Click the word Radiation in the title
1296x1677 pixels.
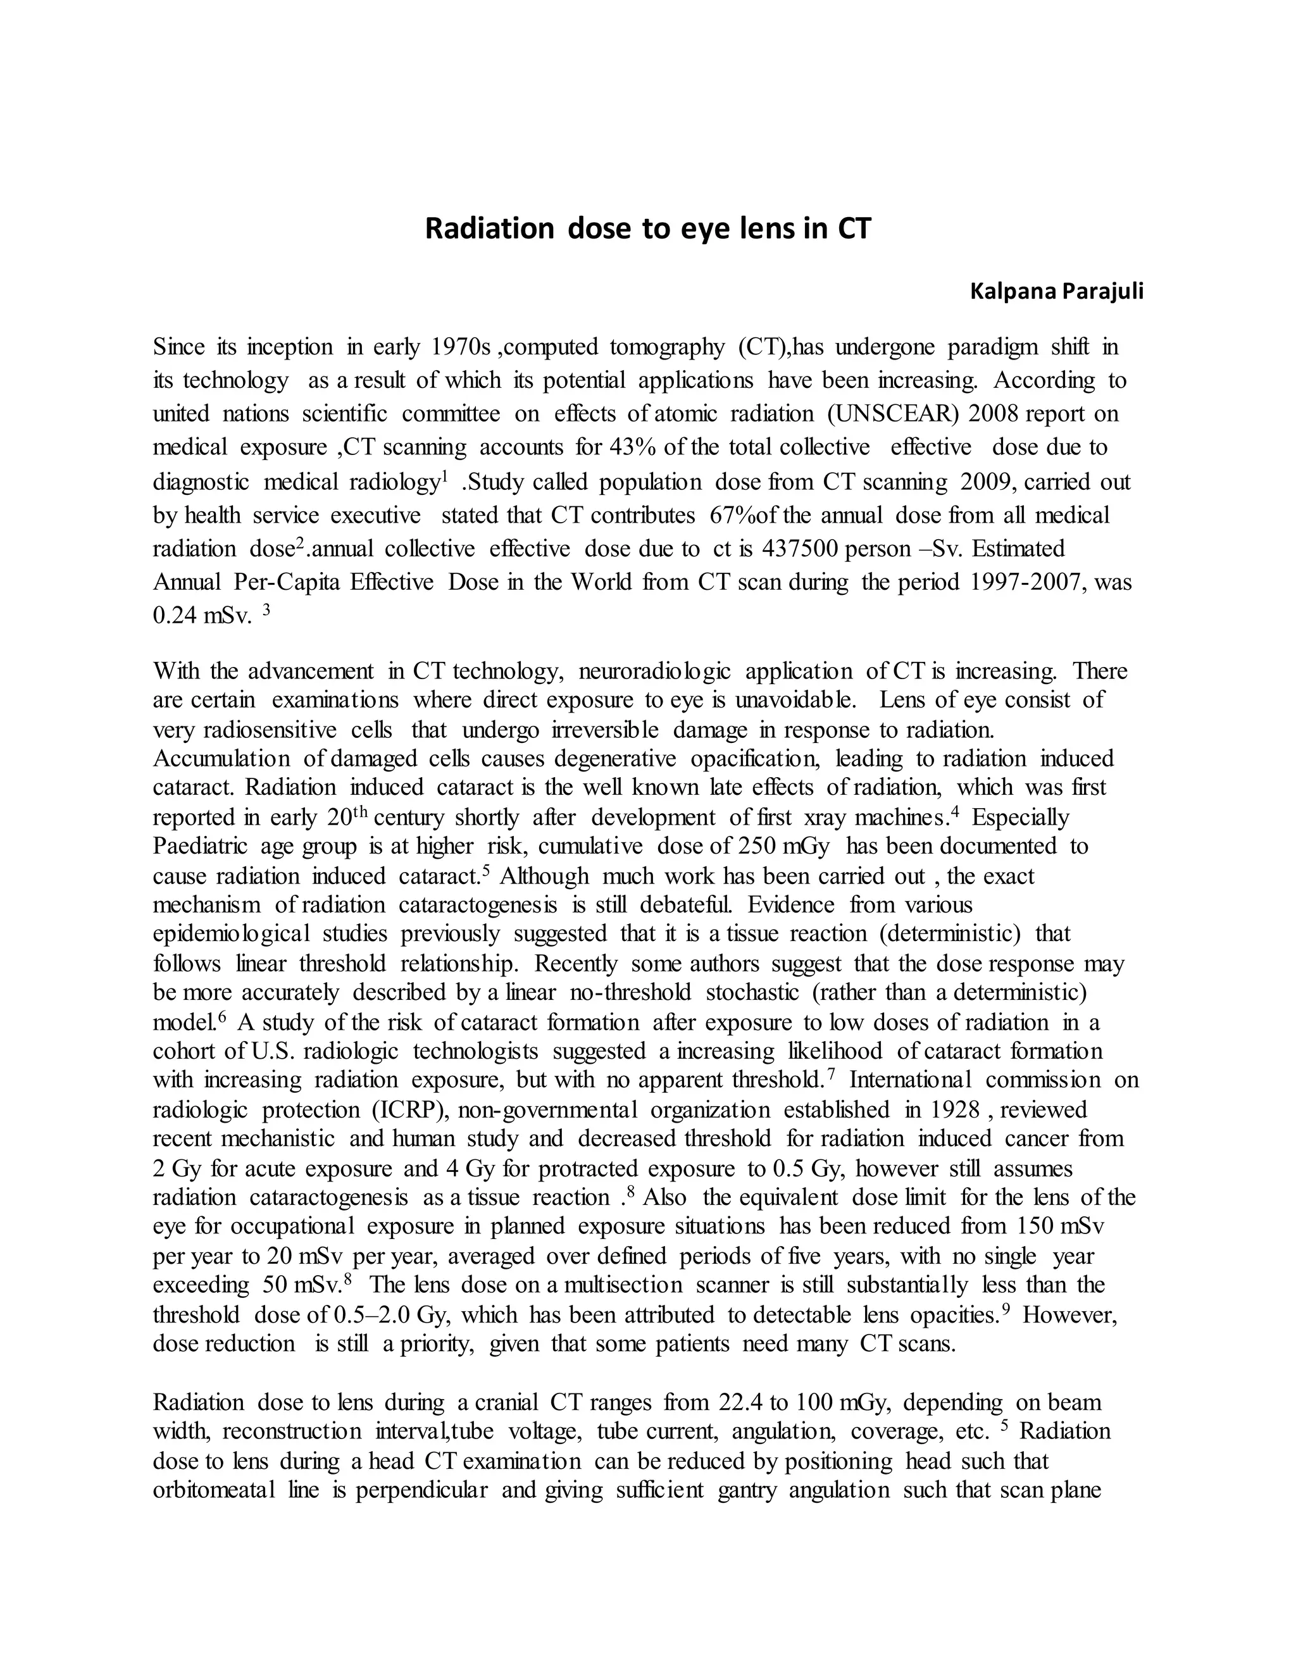pyautogui.click(x=489, y=230)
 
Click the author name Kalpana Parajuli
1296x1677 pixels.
pyautogui.click(x=1056, y=292)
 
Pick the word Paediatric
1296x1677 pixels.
pyautogui.click(x=201, y=846)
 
